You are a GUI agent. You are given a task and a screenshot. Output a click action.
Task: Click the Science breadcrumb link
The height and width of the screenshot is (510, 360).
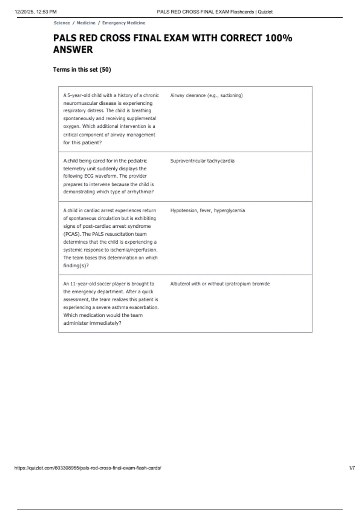tap(62, 23)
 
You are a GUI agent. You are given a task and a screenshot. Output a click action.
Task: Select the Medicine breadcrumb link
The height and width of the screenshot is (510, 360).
tap(86, 23)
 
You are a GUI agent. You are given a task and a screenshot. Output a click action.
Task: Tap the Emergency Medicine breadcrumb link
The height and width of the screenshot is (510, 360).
tap(124, 23)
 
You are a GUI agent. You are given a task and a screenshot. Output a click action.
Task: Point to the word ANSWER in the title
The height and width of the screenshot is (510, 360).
tap(73, 49)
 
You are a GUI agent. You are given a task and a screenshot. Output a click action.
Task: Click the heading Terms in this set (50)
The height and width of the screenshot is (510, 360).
tap(82, 70)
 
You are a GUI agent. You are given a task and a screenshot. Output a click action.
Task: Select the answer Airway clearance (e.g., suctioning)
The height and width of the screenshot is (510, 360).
tap(206, 95)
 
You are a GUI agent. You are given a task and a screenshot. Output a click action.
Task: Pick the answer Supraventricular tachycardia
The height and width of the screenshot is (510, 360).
tap(202, 161)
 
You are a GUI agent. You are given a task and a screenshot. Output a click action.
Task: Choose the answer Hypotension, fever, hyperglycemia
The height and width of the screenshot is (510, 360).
tap(208, 211)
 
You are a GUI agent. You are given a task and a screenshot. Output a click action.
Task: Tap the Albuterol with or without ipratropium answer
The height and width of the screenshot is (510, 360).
tap(220, 284)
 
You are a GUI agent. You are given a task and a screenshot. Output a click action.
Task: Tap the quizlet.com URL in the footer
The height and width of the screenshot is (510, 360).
tap(88, 468)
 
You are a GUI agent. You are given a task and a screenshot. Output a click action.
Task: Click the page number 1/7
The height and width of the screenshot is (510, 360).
tap(352, 468)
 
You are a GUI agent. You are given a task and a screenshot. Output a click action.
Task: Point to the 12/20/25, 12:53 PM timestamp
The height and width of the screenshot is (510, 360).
tap(35, 12)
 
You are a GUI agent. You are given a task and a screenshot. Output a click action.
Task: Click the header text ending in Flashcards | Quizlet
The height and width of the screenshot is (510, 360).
tap(214, 12)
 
